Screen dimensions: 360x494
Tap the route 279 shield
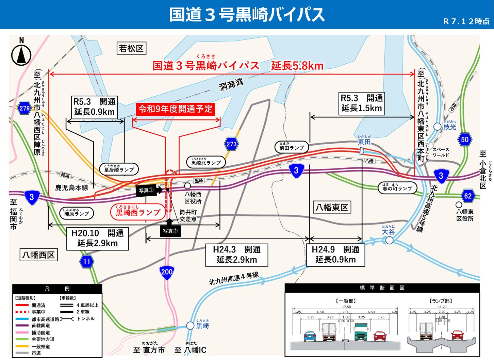(x=24, y=108)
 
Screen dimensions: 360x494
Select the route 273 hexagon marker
(x=231, y=144)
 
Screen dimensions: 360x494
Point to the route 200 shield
(x=167, y=272)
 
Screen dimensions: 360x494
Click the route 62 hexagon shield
(x=468, y=196)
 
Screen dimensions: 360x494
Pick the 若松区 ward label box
(x=131, y=48)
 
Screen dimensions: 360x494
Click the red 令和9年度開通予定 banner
(x=175, y=109)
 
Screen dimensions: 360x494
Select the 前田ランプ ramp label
(x=292, y=147)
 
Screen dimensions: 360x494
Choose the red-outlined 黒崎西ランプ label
(x=138, y=212)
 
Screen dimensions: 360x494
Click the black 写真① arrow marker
(x=149, y=190)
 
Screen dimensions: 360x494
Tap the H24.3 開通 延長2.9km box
(x=236, y=255)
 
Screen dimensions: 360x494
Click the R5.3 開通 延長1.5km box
(x=362, y=103)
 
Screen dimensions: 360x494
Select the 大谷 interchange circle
(x=389, y=240)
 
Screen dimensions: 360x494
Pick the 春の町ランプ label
(x=397, y=187)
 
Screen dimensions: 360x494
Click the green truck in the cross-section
(x=361, y=332)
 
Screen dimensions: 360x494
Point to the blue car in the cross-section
(x=310, y=336)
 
